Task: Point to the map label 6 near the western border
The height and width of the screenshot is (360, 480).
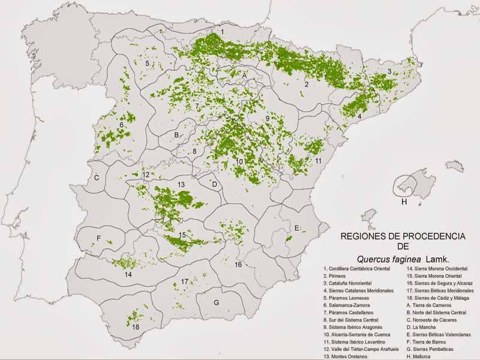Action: click(121, 125)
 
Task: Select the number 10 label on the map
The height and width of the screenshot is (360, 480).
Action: click(239, 161)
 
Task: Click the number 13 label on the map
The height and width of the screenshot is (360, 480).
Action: click(181, 184)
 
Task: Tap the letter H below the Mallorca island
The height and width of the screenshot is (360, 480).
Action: click(404, 202)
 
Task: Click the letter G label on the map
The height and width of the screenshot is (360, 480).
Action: click(216, 302)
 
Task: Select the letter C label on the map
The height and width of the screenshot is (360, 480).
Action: click(96, 178)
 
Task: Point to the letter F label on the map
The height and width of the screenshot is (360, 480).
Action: click(98, 238)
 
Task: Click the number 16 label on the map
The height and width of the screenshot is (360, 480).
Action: click(238, 265)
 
